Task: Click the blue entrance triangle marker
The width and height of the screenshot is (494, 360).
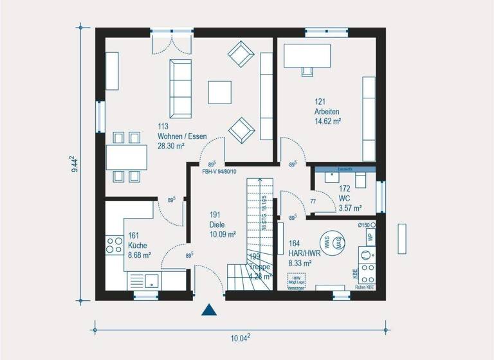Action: tap(208, 310)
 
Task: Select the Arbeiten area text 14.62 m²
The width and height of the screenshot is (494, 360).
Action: tap(327, 121)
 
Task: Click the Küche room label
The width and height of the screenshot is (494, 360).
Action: tap(138, 245)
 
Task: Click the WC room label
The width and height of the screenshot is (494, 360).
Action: tap(344, 199)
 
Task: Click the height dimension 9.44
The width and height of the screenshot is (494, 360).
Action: tap(75, 164)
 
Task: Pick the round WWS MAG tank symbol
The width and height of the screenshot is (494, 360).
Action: tap(333, 242)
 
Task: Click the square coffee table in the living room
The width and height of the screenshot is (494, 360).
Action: tap(221, 92)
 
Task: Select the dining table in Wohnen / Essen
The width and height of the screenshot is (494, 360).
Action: tap(125, 157)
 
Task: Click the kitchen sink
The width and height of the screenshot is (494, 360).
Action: tap(152, 280)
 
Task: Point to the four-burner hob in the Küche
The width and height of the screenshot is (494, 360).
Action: tap(114, 246)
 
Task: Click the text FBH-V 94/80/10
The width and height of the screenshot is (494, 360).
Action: tap(219, 172)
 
